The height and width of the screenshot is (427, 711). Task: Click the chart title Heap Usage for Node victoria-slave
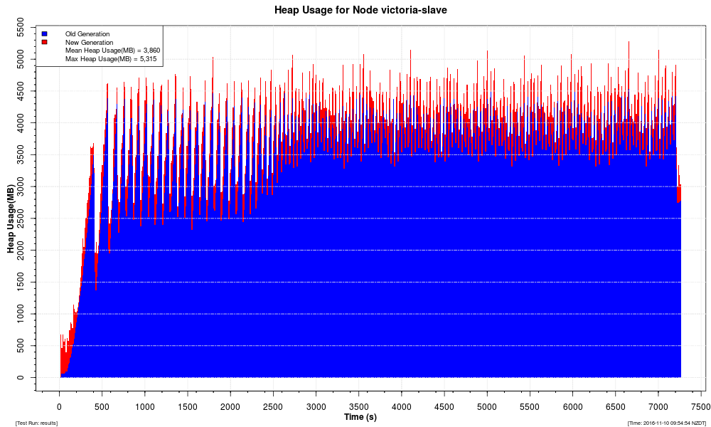[360, 11]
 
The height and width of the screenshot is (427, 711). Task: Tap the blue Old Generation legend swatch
[45, 33]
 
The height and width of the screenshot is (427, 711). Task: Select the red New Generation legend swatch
[45, 42]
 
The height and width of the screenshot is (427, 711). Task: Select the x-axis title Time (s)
[360, 417]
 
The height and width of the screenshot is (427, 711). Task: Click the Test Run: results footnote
[36, 423]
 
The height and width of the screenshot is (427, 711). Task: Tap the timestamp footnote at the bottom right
[666, 423]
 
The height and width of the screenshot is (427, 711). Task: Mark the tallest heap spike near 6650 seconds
[629, 43]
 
